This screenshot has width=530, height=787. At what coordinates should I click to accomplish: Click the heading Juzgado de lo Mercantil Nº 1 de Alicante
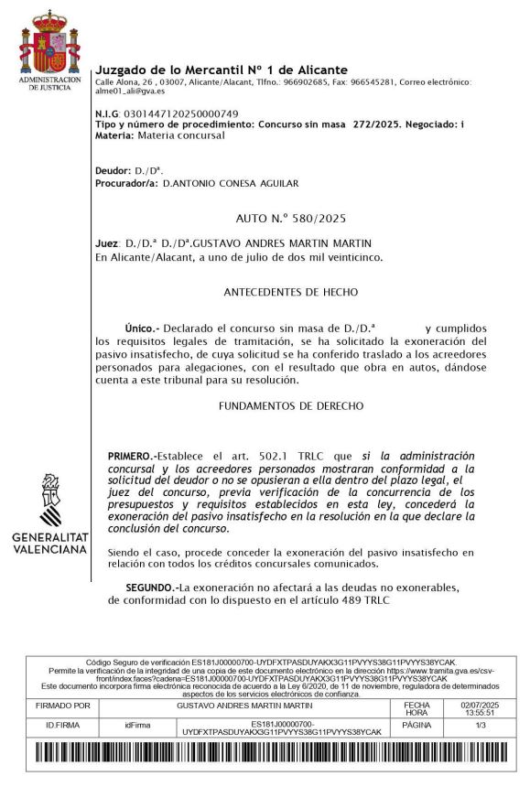[222, 70]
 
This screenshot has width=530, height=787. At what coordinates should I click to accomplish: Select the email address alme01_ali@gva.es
[130, 91]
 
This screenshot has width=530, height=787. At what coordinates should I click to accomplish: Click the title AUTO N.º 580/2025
[290, 219]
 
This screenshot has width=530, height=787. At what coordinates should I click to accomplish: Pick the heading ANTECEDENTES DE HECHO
[290, 292]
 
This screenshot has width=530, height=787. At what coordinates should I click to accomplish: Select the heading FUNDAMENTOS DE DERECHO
[292, 404]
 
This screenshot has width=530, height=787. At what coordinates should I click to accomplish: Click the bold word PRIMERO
[132, 455]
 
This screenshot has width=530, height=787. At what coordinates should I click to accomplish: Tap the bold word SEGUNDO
[151, 587]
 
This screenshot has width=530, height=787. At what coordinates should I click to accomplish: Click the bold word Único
[141, 328]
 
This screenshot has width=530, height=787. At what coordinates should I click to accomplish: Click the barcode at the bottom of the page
[265, 755]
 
